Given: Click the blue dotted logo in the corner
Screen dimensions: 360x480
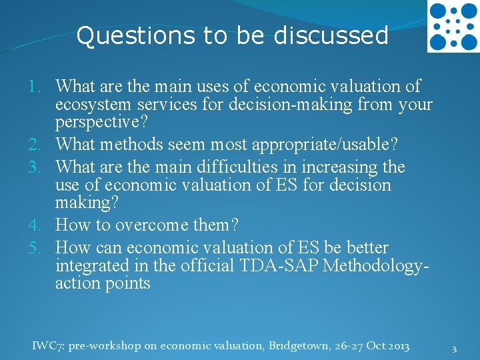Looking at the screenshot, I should coord(453,27).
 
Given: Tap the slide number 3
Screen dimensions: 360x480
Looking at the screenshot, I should coord(454,349).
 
